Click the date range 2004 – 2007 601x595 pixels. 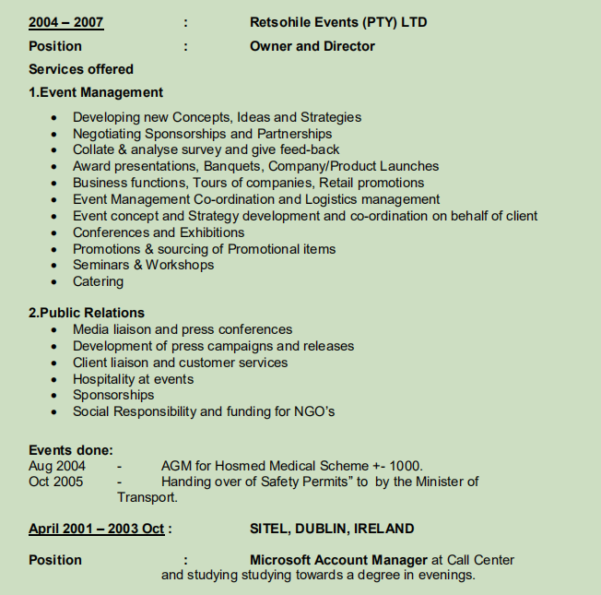click(x=65, y=22)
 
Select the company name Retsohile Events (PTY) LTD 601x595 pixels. click(x=338, y=22)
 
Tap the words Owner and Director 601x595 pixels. click(x=312, y=46)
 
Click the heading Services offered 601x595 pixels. click(x=81, y=69)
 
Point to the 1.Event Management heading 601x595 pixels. click(x=96, y=92)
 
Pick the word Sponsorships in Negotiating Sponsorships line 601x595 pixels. click(x=188, y=134)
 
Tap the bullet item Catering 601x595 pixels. click(x=98, y=281)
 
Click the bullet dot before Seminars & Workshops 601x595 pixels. click(x=57, y=266)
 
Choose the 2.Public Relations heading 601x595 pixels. click(x=87, y=313)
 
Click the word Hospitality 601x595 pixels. click(x=109, y=379)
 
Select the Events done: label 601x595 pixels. click(x=71, y=451)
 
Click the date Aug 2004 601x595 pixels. click(x=57, y=466)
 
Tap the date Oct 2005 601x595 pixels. click(x=56, y=482)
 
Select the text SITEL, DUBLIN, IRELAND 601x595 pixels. click(x=332, y=530)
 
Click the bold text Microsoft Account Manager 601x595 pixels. click(x=338, y=560)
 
